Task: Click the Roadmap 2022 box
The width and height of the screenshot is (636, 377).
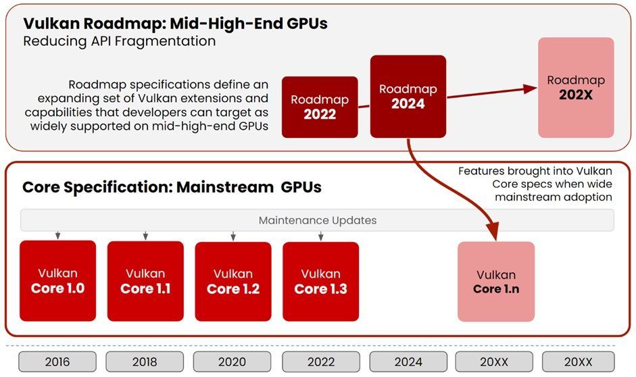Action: pyautogui.click(x=320, y=107)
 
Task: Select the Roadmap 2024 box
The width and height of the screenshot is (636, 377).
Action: pyautogui.click(x=408, y=97)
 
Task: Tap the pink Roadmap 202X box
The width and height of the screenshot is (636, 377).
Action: pyautogui.click(x=576, y=88)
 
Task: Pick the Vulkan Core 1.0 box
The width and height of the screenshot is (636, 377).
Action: pyautogui.click(x=57, y=280)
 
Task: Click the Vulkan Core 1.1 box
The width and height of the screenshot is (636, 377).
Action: pyautogui.click(x=145, y=280)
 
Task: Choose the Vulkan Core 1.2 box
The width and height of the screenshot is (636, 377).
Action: pyautogui.click(x=233, y=281)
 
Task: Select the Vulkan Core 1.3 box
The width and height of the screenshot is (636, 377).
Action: pyautogui.click(x=320, y=281)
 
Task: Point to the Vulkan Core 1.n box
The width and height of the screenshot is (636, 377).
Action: pyautogui.click(x=496, y=281)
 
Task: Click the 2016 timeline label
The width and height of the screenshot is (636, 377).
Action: pyautogui.click(x=57, y=361)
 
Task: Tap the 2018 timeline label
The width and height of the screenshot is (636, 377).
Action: pyautogui.click(x=145, y=361)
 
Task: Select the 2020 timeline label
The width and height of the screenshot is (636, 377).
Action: pyautogui.click(x=232, y=361)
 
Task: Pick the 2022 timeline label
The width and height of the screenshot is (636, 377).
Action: pyautogui.click(x=321, y=361)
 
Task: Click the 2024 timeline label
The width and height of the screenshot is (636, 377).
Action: pyautogui.click(x=408, y=361)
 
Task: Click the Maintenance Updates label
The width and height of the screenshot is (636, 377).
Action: pyautogui.click(x=318, y=220)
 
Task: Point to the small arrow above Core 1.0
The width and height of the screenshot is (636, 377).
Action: pyautogui.click(x=58, y=236)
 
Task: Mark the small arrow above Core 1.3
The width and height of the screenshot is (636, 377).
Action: pyautogui.click(x=321, y=236)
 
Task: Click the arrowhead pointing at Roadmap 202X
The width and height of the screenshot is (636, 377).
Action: pyautogui.click(x=530, y=89)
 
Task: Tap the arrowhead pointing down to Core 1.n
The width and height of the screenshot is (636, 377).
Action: pyautogui.click(x=495, y=232)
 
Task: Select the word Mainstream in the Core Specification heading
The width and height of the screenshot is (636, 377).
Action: pyautogui.click(x=224, y=187)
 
